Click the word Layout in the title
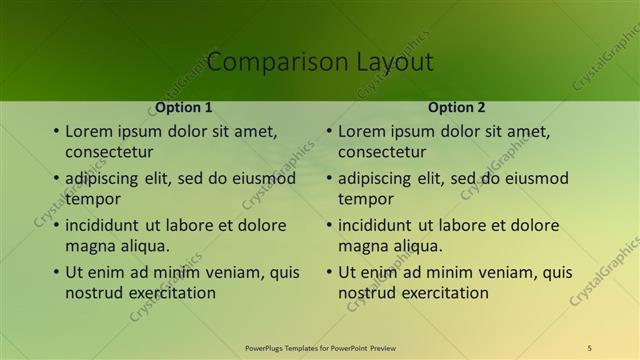pyautogui.click(x=395, y=62)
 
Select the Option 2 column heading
pyautogui.click(x=457, y=107)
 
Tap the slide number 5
pyautogui.click(x=589, y=347)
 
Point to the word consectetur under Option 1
pyautogui.click(x=109, y=152)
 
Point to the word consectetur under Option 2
pyautogui.click(x=382, y=152)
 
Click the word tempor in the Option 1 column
pyautogui.click(x=93, y=199)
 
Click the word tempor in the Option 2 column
pyautogui.click(x=366, y=199)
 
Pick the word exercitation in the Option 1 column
pyautogui.click(x=167, y=293)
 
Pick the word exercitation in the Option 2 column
pyautogui.click(x=440, y=293)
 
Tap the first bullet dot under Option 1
pyautogui.click(x=56, y=131)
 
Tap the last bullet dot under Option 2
pyautogui.click(x=329, y=273)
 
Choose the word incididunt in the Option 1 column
pyautogui.click(x=108, y=225)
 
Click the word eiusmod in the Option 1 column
pyautogui.click(x=265, y=179)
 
